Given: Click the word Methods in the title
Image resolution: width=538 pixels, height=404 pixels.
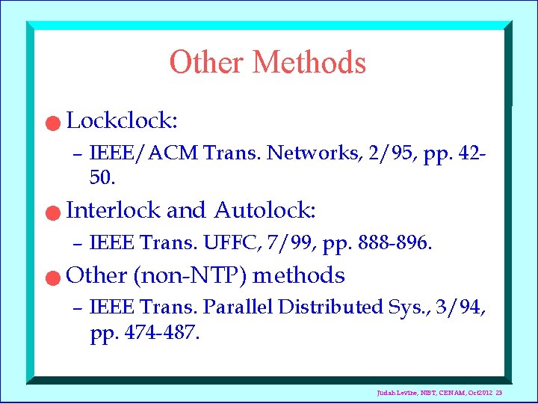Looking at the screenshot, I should [x=309, y=62].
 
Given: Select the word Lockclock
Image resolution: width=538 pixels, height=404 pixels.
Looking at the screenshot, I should [x=122, y=120].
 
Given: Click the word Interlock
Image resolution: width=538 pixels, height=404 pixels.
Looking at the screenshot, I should [x=113, y=210].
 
